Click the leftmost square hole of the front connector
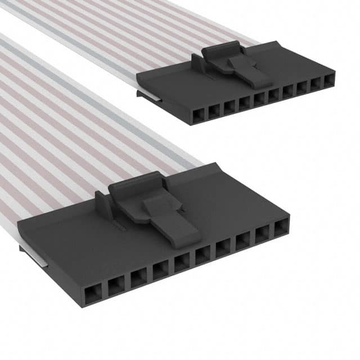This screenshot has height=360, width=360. pos(91,294)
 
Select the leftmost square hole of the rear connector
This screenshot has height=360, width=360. pos(198,116)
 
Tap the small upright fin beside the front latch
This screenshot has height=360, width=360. pos(102,204)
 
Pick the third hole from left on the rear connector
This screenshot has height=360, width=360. pos(228,107)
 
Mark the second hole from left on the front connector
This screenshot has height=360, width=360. pos(115,286)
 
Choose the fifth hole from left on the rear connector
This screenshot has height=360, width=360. pos(259,98)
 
